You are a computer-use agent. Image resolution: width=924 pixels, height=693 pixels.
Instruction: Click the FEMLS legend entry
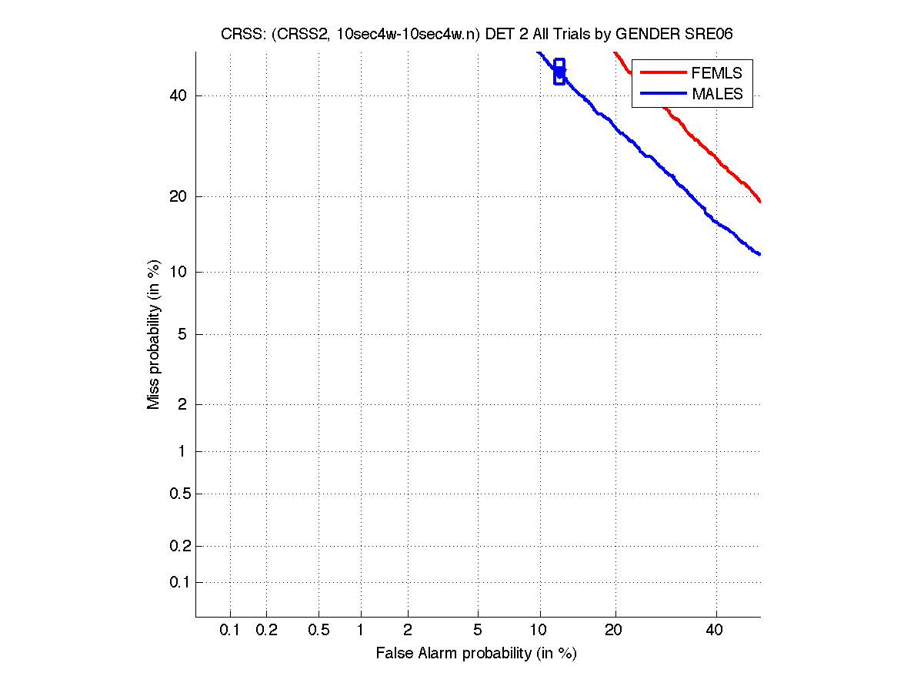pyautogui.click(x=717, y=73)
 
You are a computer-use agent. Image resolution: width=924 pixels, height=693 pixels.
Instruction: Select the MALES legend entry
pyautogui.click(x=718, y=94)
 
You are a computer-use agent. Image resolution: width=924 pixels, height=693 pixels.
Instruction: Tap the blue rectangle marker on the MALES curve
pyautogui.click(x=559, y=72)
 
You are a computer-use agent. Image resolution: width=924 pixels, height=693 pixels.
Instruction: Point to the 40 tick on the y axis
pyautogui.click(x=195, y=95)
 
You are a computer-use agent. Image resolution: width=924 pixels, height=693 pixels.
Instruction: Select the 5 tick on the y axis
pyautogui.click(x=195, y=334)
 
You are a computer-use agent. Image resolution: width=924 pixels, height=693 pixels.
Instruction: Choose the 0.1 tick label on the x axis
pyautogui.click(x=230, y=631)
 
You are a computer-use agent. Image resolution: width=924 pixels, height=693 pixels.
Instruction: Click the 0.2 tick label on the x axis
pyautogui.click(x=267, y=631)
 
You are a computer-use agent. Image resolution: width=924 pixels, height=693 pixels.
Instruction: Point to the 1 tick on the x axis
pyautogui.click(x=361, y=618)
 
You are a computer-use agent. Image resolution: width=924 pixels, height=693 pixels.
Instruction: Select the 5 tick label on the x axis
pyautogui.click(x=478, y=631)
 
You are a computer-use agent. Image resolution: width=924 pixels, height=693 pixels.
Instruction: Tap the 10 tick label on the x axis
pyautogui.click(x=540, y=631)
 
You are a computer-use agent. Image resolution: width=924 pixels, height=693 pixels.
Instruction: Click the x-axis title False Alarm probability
pyautogui.click(x=476, y=654)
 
